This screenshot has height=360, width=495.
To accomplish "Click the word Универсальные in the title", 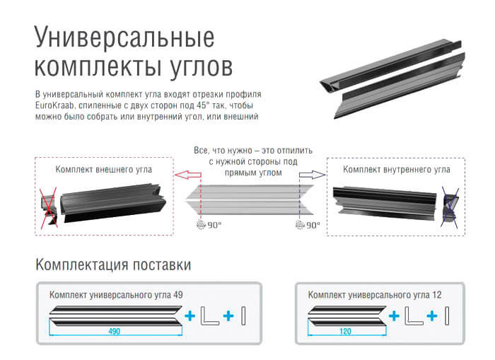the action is tap(124, 38).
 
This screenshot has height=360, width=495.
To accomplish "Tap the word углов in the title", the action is tap(201, 67).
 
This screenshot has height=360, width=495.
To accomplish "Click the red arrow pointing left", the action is tap(188, 175).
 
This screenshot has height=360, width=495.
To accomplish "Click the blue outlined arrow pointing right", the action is tap(313, 175).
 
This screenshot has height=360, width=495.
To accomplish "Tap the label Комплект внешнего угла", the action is tap(103, 170).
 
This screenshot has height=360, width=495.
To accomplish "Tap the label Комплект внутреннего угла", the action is tap(397, 170).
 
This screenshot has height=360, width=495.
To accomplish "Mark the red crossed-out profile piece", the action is tap(49, 207).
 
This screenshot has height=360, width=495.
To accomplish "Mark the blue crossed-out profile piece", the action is tap(450, 207).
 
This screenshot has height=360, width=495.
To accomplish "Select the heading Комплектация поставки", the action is tap(113, 265).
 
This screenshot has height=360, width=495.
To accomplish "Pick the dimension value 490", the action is tap(115, 331).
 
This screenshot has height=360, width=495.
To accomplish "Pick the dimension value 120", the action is tap(345, 331).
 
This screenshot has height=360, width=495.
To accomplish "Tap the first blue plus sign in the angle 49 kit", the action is tap(190, 315).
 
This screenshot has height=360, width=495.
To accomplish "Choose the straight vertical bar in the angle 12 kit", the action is tap(447, 315).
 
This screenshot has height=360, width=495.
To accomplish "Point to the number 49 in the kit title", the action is tap(178, 295).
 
